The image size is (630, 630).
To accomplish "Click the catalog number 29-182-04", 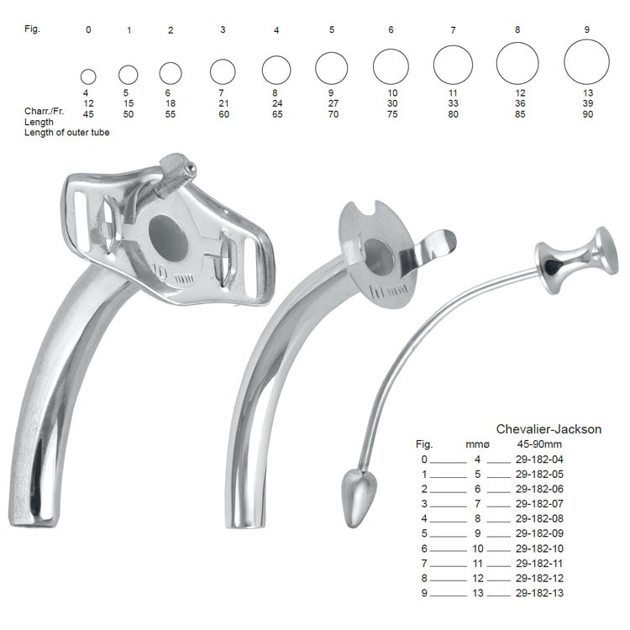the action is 539,459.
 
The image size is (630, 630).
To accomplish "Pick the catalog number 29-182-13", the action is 539,593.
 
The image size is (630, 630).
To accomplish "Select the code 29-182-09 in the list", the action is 539,533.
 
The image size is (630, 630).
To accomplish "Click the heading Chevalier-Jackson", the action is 549,429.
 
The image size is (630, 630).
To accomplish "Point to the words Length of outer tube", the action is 66,133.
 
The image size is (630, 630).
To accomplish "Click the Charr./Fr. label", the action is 44,111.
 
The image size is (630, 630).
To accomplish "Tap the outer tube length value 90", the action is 588,114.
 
